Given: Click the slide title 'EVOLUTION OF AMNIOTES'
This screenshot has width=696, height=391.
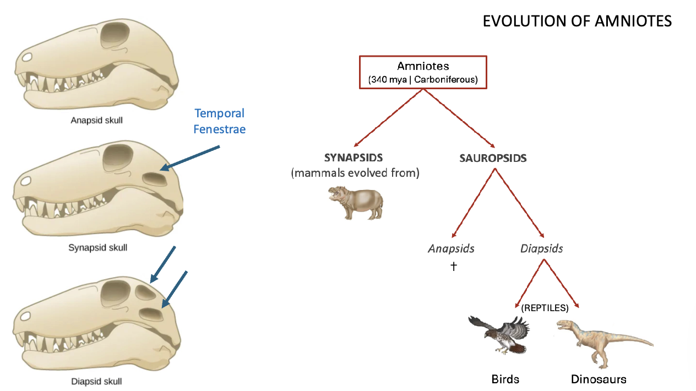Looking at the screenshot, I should (577, 21).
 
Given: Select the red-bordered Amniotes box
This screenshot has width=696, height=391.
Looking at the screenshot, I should (423, 72).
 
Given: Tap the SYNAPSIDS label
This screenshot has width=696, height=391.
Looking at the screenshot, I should (353, 158).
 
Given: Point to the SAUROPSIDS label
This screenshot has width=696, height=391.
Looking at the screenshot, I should (493, 159).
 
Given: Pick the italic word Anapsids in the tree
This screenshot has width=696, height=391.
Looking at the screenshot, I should (451, 248).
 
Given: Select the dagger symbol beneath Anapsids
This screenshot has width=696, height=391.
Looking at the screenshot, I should (454, 267).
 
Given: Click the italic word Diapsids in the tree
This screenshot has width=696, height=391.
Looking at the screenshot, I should (541, 248).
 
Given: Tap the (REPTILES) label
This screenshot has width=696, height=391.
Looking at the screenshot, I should (545, 308).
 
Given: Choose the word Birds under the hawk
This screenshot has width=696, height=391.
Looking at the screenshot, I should (505, 379).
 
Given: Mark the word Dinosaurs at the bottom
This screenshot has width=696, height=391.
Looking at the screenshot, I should (598, 379).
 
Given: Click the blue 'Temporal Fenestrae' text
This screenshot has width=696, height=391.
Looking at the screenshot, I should (219, 121).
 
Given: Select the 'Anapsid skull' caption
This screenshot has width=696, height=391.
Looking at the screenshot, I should (96, 120).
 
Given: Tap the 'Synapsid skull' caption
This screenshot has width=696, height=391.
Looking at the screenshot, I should (97, 248).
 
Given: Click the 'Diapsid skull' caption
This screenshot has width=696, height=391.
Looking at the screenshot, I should (96, 381).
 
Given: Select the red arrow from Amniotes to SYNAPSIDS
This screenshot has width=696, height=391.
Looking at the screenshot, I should (388, 116).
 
